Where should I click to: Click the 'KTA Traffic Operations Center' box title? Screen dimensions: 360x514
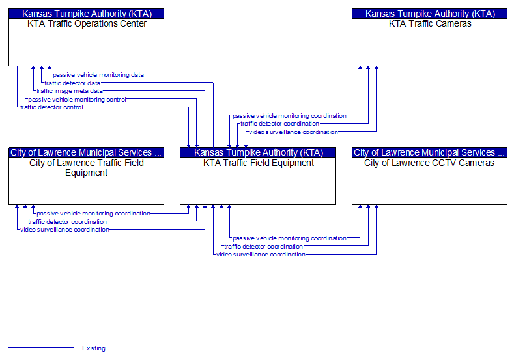pyautogui.click(x=87, y=24)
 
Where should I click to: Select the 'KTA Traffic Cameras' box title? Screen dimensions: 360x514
pyautogui.click(x=430, y=24)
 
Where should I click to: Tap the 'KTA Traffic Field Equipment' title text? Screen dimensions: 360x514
pyautogui.click(x=259, y=163)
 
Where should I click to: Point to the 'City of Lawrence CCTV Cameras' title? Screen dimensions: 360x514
pyautogui.click(x=429, y=163)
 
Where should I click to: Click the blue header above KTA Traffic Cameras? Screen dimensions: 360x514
pyautogui.click(x=430, y=14)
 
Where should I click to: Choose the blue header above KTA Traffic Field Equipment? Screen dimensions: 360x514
pyautogui.click(x=259, y=152)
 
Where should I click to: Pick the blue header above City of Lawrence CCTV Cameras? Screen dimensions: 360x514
pyautogui.click(x=429, y=152)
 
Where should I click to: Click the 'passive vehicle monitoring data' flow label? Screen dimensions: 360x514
pyautogui.click(x=98, y=75)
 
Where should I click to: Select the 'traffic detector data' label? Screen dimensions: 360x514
pyautogui.click(x=72, y=83)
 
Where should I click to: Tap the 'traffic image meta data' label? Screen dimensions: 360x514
pyautogui.click(x=70, y=91)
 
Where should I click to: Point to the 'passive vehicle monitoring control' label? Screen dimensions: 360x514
pyautogui.click(x=78, y=100)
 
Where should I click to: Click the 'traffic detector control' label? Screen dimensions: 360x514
pyautogui.click(x=52, y=107)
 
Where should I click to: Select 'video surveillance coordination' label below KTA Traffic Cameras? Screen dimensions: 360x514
pyautogui.click(x=293, y=132)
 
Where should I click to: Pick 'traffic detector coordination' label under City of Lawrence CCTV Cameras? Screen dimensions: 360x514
pyautogui.click(x=264, y=247)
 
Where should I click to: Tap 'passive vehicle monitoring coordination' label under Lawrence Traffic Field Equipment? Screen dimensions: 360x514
pyautogui.click(x=93, y=214)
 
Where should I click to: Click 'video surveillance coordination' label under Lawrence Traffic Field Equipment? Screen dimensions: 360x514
pyautogui.click(x=65, y=230)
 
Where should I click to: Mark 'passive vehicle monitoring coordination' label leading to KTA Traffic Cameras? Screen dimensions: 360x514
pyautogui.click(x=289, y=116)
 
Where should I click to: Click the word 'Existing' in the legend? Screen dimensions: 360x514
pyautogui.click(x=94, y=348)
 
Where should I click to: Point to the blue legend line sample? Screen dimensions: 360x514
pyautogui.click(x=41, y=348)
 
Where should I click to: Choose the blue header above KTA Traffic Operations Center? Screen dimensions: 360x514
pyautogui.click(x=87, y=14)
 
